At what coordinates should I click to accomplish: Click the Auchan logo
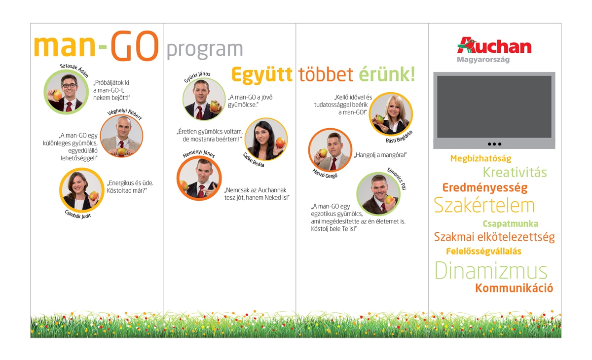click(x=494, y=45)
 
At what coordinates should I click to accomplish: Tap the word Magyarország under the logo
click(x=483, y=60)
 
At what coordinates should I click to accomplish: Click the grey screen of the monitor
click(x=494, y=107)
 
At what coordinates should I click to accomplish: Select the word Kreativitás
click(x=515, y=173)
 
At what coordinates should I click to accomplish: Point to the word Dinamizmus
click(x=491, y=270)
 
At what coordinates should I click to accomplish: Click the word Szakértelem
click(x=484, y=205)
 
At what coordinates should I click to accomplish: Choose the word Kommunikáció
click(x=514, y=288)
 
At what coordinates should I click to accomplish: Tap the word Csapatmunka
click(x=510, y=224)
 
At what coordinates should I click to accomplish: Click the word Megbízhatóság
click(x=481, y=158)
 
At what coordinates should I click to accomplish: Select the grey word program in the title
click(x=205, y=50)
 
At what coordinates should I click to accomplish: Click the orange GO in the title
click(x=135, y=45)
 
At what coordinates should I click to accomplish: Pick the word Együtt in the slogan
click(x=262, y=75)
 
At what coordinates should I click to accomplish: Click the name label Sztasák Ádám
click(x=74, y=70)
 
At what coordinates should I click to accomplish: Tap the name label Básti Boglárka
click(x=399, y=137)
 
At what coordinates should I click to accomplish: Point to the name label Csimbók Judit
click(x=78, y=215)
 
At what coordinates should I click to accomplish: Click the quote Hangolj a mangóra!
click(x=380, y=155)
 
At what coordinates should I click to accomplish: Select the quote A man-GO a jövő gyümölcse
click(x=250, y=101)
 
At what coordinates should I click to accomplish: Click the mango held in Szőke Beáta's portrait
click(x=280, y=143)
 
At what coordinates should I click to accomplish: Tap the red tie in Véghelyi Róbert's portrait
click(x=121, y=144)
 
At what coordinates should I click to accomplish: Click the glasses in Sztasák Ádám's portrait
click(x=69, y=86)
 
